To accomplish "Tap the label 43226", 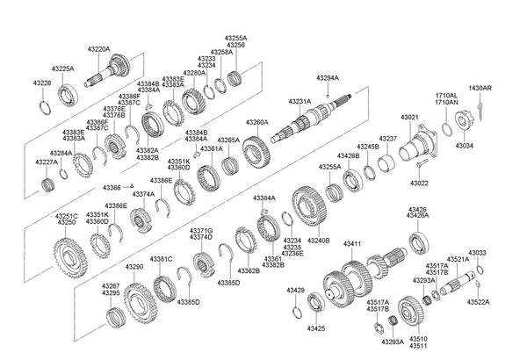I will pyautogui.click(x=42, y=83).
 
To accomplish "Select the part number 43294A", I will pyautogui.click(x=328, y=79).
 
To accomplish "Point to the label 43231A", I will pyautogui.click(x=300, y=102).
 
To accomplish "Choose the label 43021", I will pyautogui.click(x=409, y=117).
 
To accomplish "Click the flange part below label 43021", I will pyautogui.click(x=419, y=146).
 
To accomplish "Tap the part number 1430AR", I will pyautogui.click(x=480, y=89).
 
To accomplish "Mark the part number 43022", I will pyautogui.click(x=421, y=184).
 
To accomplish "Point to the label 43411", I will pyautogui.click(x=352, y=242).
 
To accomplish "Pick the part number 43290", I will pyautogui.click(x=134, y=266).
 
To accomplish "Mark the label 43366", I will pyautogui.click(x=112, y=187).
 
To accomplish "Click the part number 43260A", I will pyautogui.click(x=256, y=122).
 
